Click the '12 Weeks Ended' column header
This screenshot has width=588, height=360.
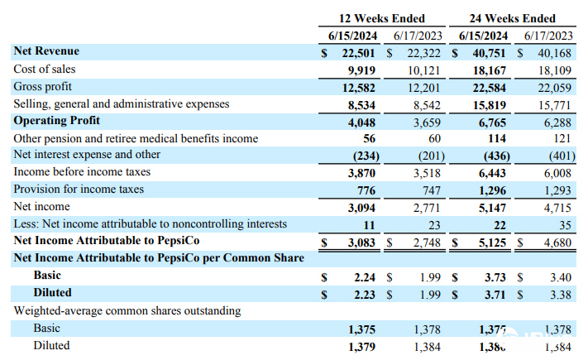[x=382, y=18]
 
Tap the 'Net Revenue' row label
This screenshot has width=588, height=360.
[x=45, y=51]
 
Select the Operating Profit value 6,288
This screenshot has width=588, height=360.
[x=557, y=122]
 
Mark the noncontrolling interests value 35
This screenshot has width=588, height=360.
[x=565, y=224]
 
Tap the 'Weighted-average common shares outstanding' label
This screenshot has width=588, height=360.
[x=127, y=310]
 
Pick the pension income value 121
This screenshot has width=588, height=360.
[x=562, y=138]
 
